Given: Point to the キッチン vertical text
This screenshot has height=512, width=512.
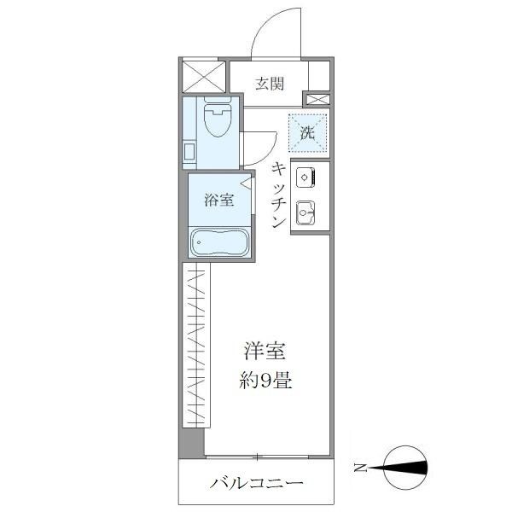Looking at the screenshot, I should click(x=278, y=195).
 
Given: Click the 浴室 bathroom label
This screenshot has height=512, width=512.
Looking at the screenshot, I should click(x=218, y=201).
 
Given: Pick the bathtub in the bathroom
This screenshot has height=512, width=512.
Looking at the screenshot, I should click(x=218, y=243).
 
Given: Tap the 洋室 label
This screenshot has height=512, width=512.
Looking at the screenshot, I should click(x=265, y=351).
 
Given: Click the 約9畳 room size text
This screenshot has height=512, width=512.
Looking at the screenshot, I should click(x=265, y=380).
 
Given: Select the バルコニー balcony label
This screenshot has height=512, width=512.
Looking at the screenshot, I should click(x=257, y=484).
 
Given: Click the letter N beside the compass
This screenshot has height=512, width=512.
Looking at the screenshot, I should click(x=361, y=467).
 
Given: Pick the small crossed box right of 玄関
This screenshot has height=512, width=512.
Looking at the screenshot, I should click(x=317, y=100).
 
